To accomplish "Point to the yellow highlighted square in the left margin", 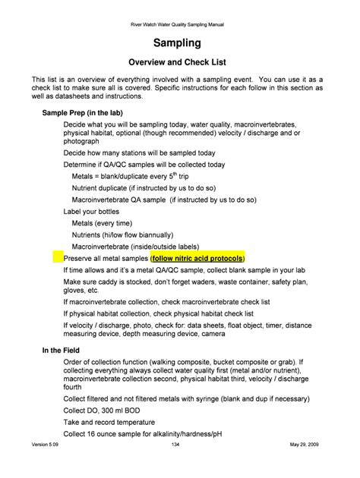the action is coord(58,258).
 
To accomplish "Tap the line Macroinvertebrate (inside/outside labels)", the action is coord(135,247).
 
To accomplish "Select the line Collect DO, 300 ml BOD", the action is coord(106,410).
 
